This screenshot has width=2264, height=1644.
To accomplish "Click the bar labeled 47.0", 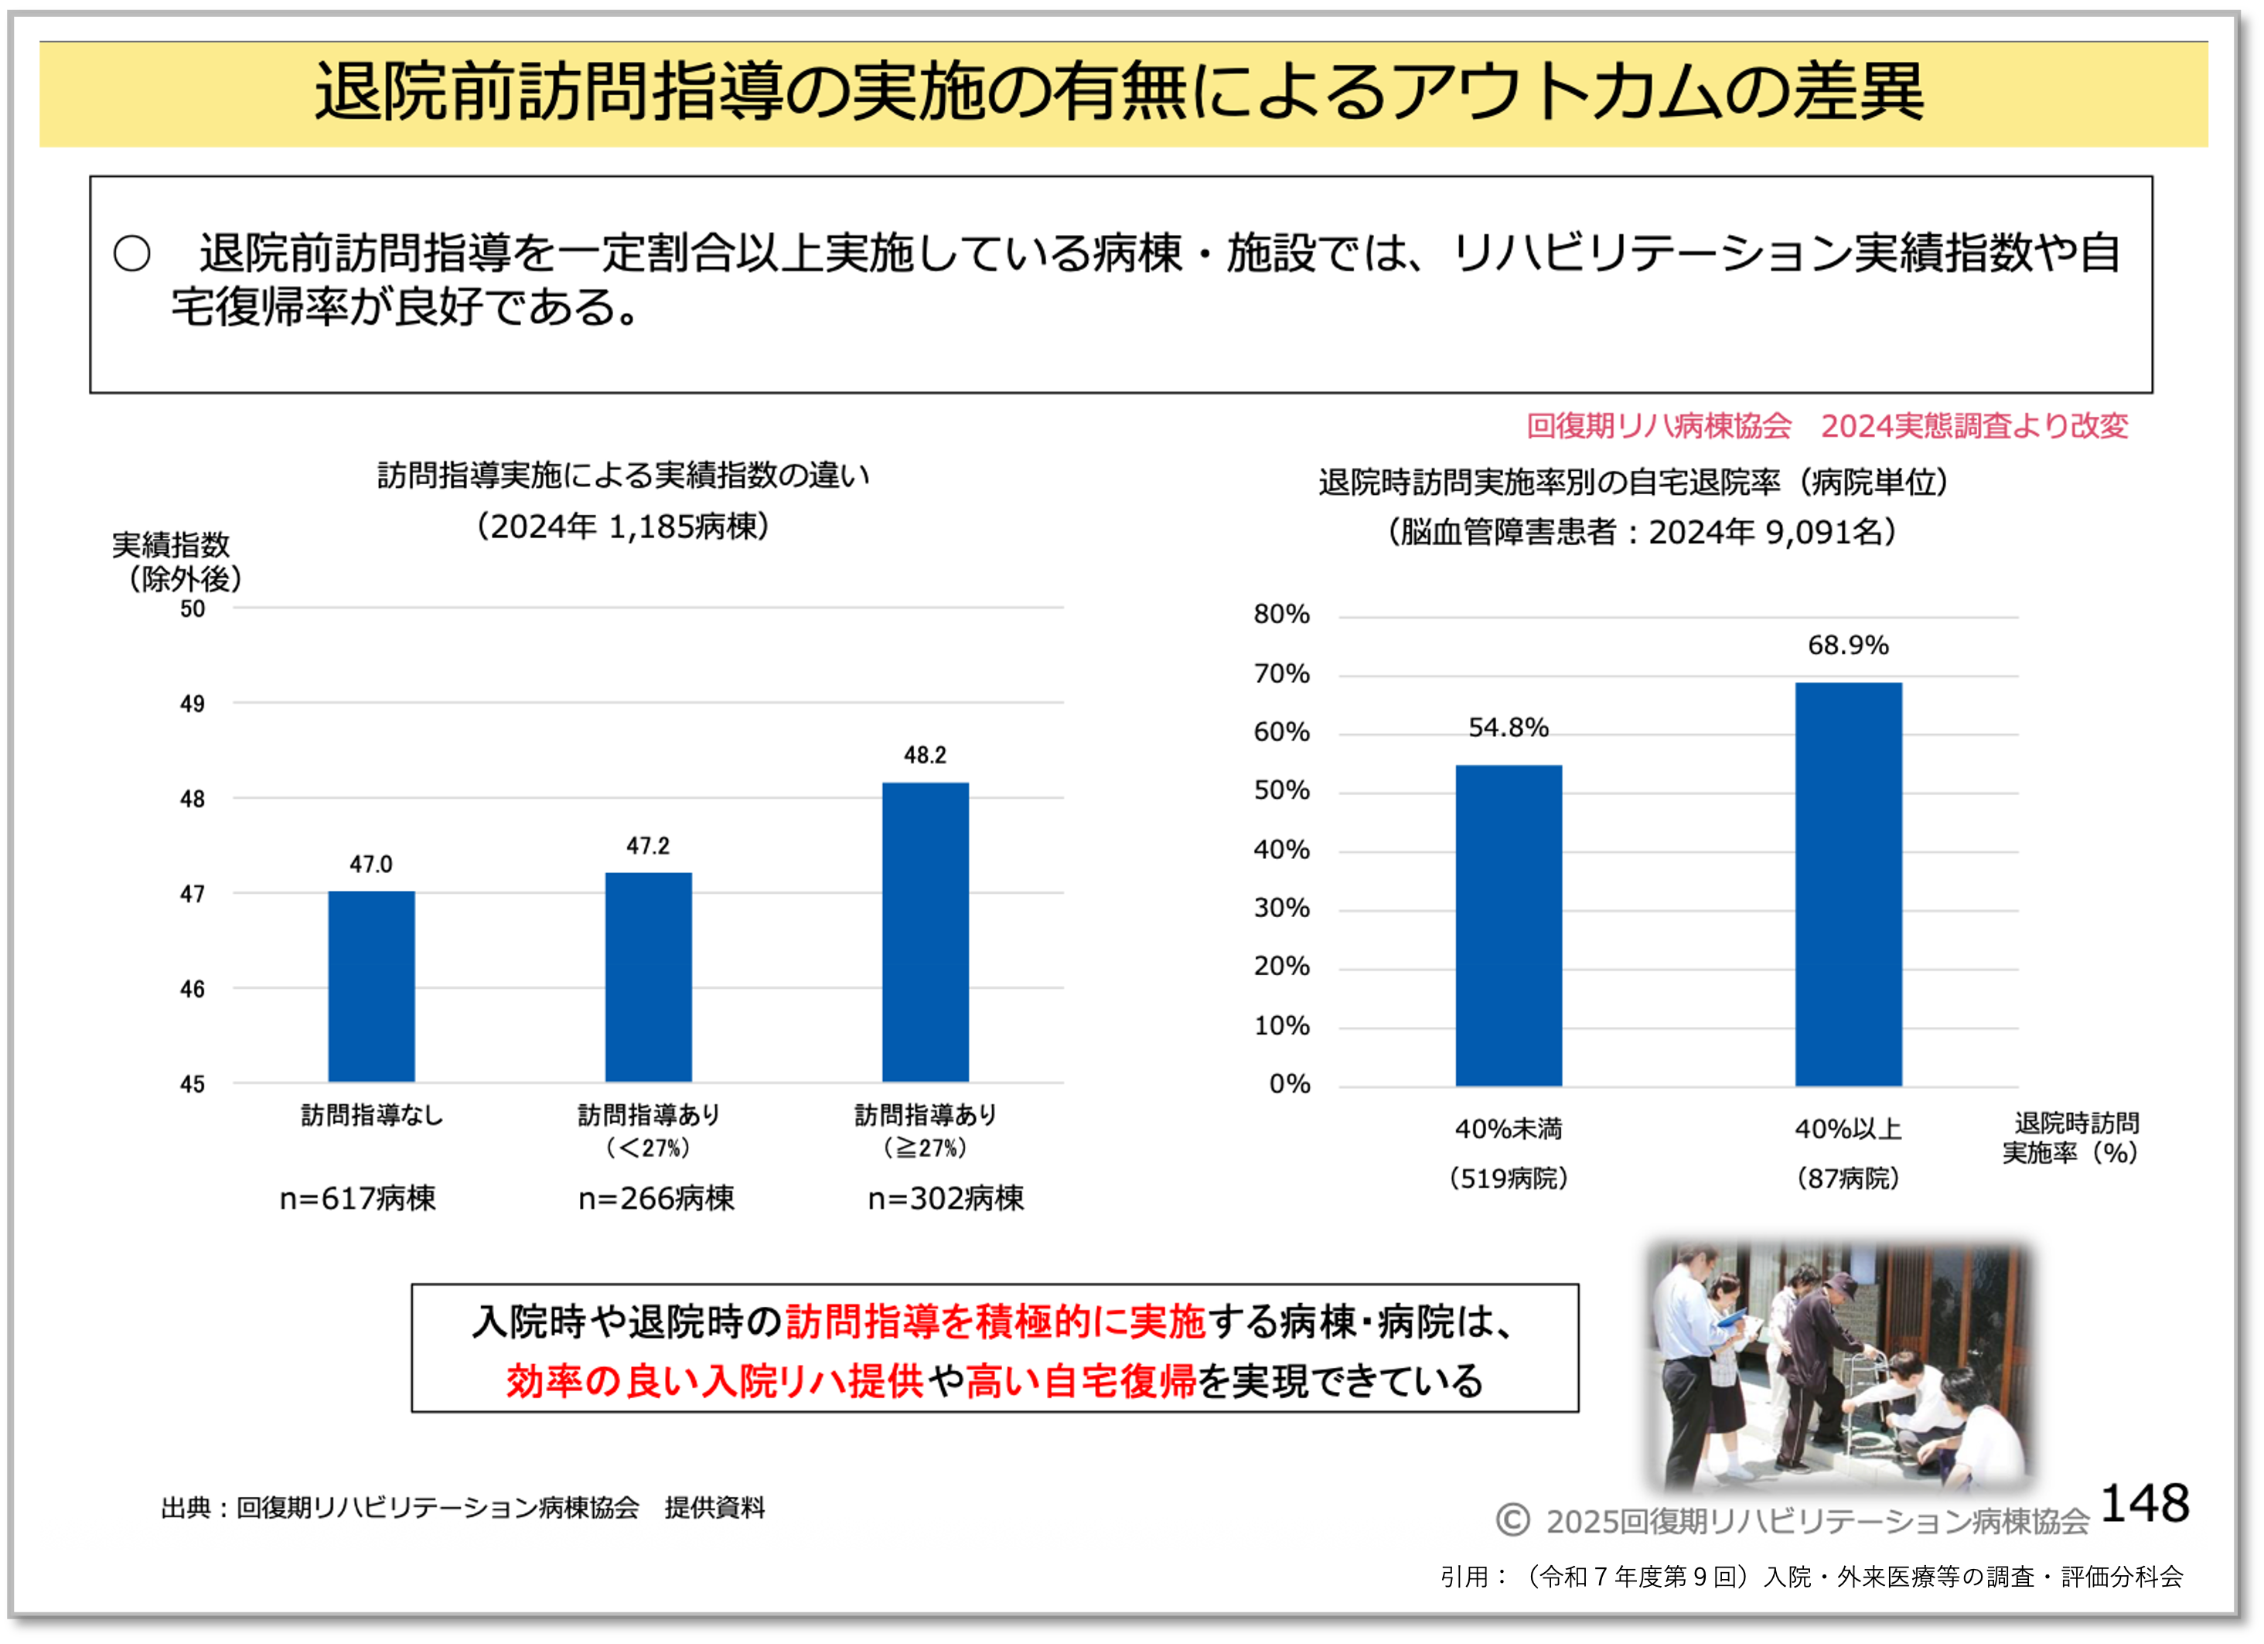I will click(x=371, y=986).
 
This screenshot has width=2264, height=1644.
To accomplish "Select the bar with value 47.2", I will click(x=648, y=977).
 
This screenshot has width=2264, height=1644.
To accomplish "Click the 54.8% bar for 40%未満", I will click(x=1509, y=926).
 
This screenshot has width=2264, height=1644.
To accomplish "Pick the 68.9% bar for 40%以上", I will click(x=1848, y=885).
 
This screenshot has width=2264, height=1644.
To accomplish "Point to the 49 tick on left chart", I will click(x=193, y=704).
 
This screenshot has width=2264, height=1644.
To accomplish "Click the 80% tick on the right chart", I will click(x=1282, y=614).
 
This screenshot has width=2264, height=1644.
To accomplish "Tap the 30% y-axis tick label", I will click(x=1282, y=909).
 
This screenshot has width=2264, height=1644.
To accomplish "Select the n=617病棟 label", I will click(x=357, y=1198).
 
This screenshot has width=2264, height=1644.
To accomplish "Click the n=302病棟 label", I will click(x=946, y=1198).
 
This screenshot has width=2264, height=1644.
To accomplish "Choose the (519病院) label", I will click(x=1509, y=1178).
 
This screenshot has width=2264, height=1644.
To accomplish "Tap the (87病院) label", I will click(x=1848, y=1178).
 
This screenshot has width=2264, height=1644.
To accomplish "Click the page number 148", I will click(x=2144, y=1503).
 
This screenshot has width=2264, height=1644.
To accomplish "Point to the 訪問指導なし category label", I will click(x=371, y=1115).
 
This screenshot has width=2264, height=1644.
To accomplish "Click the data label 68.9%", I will click(x=1848, y=646).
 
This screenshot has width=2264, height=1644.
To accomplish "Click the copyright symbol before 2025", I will click(x=1512, y=1520).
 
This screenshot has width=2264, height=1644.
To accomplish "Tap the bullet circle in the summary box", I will click(x=131, y=254).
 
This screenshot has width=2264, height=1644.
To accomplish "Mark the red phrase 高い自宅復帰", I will click(x=1081, y=1382).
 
